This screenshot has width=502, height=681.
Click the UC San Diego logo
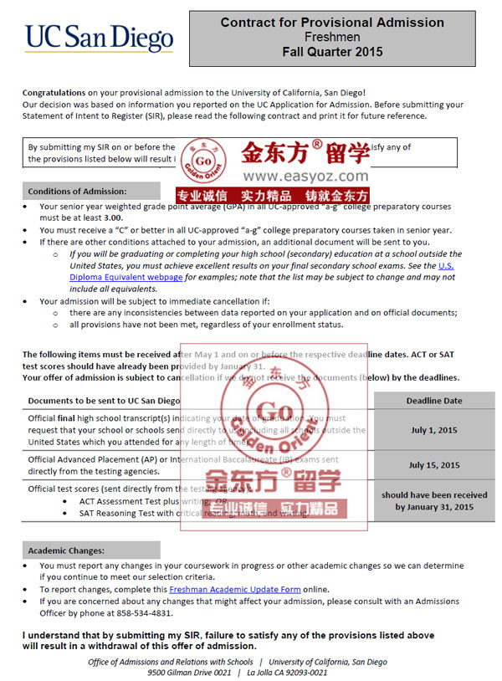pos(99,38)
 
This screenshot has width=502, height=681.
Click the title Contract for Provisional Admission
pos(331,23)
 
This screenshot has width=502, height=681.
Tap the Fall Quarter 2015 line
pos(331,52)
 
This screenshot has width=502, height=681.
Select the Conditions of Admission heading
pos(77,192)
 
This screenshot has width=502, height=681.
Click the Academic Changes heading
pos(66,550)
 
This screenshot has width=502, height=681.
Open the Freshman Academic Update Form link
pos(234,589)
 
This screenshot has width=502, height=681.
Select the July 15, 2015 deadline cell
pos(434,465)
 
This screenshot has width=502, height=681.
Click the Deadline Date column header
pos(434,401)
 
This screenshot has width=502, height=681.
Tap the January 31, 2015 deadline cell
pos(434,501)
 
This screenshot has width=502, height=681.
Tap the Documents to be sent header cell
pos(104,401)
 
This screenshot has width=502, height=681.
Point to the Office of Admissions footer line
pos(237,662)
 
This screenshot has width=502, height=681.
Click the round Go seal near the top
pos(202,157)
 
